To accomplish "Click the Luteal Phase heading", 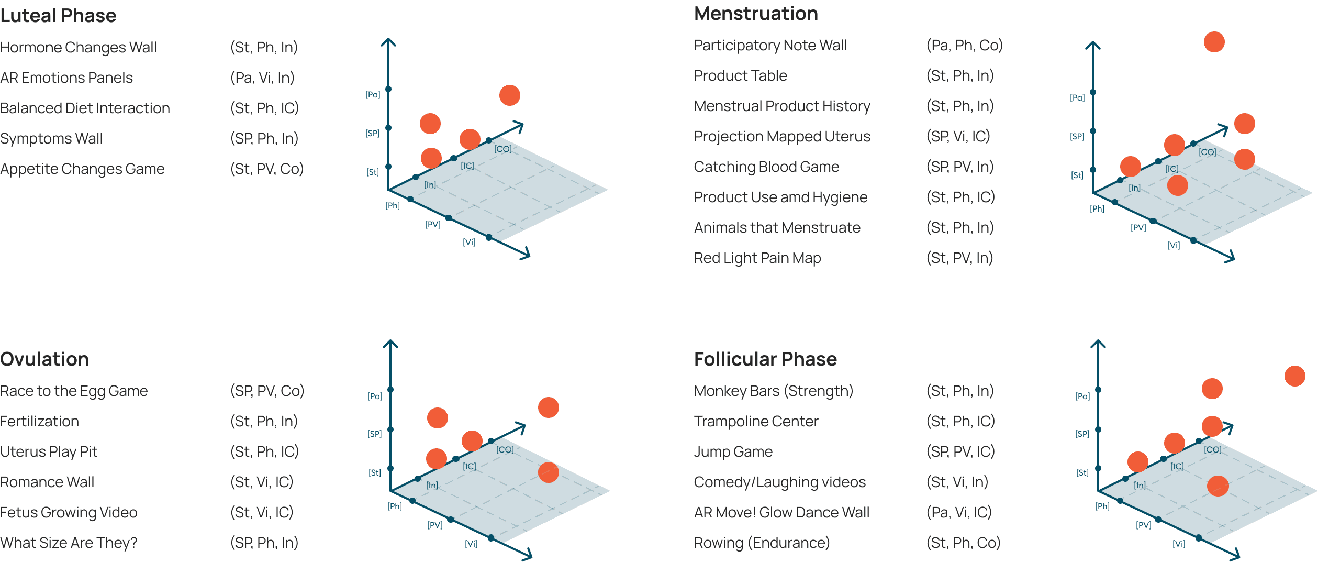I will pos(58,16).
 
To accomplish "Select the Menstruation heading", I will pos(756,14).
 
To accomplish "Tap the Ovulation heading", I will pos(44,359).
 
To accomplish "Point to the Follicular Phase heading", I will pos(765,359).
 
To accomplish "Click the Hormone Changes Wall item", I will pos(79,47).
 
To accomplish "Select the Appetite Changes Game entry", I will pos(82,169).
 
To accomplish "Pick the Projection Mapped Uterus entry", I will pos(782,136).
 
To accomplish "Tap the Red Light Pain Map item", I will pos(757,258).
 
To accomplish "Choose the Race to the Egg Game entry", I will pos(74,391).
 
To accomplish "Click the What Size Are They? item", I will pos(69,543).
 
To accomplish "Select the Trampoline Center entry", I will pos(756,421).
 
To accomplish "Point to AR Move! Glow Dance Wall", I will pos(781,512).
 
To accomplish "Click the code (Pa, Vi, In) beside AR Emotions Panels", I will pos(262,78).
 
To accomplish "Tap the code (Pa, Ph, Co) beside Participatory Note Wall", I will pos(964,45).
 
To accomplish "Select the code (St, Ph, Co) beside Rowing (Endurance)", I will pos(963,543).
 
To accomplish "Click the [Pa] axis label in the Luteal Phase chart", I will pos(373,95).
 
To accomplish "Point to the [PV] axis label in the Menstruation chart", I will pos(1138,227).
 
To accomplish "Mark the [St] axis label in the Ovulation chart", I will pos(374,472).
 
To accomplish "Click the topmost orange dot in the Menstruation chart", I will pos(1214,42).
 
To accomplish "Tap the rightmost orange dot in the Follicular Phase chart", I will pos(1294,376).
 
